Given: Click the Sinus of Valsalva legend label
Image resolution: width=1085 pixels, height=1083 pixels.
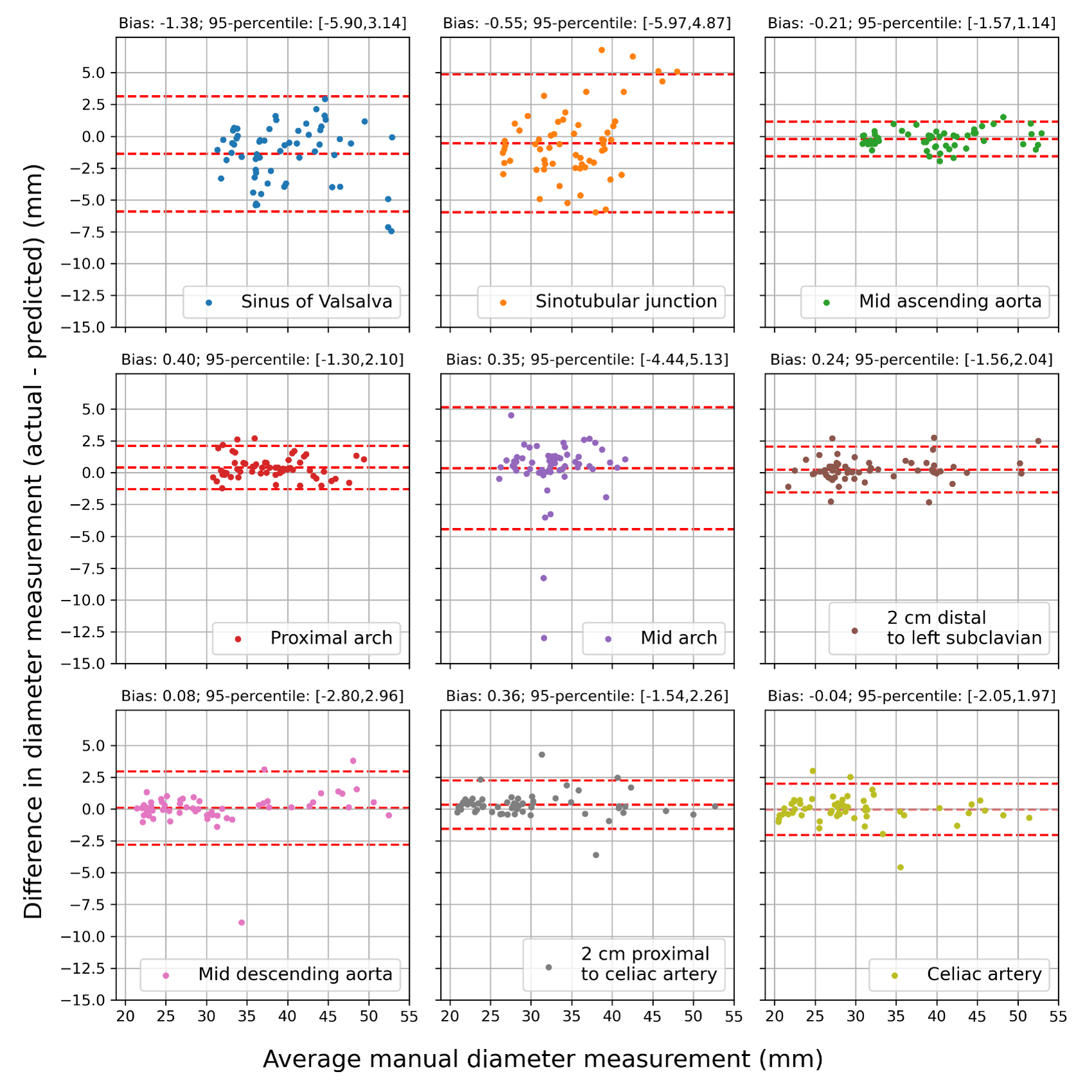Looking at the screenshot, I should pos(316,301).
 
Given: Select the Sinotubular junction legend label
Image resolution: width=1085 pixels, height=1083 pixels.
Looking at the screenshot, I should pos(626,301).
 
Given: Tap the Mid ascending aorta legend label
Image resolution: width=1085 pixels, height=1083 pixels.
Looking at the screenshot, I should pos(949,301).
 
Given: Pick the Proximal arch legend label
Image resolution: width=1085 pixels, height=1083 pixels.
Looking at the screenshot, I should pos(331,638).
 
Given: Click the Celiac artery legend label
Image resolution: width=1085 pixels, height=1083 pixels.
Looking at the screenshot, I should pos(984,974).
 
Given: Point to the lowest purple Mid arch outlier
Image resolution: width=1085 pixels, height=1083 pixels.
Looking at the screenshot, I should pos(544,638).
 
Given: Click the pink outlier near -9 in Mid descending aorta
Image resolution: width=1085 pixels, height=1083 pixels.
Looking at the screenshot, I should pos(242,922).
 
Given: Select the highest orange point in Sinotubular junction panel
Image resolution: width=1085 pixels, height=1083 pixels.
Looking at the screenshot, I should pos(602,50).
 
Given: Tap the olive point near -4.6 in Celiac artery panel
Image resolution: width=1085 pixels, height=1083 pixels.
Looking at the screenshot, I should pos(900,867).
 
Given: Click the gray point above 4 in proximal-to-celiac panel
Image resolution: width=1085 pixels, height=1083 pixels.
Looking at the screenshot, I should pos(542,755).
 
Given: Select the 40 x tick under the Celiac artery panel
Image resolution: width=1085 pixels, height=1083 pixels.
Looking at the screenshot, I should pos(937,1016).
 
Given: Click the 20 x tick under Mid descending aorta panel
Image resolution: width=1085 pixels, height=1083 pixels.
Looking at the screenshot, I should pos(125,1016).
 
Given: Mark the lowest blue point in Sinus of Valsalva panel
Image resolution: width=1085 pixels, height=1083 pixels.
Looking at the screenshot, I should pos(391,231).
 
